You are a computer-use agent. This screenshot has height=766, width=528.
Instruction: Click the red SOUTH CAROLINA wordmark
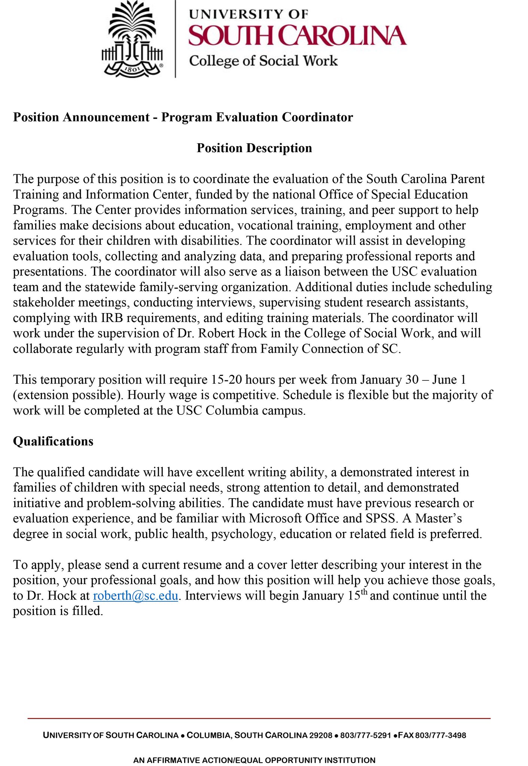pyautogui.click(x=297, y=36)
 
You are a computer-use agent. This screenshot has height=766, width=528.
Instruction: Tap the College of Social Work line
pyautogui.click(x=263, y=61)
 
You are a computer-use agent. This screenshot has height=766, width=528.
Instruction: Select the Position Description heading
pyautogui.click(x=254, y=148)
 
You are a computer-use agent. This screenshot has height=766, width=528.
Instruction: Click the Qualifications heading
pyautogui.click(x=53, y=441)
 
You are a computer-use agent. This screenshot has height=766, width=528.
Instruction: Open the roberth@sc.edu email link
pyautogui.click(x=135, y=595)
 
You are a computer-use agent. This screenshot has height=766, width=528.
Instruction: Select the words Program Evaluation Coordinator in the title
pyautogui.click(x=257, y=117)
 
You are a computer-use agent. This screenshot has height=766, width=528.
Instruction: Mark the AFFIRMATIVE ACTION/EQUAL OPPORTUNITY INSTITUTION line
pyautogui.click(x=254, y=760)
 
